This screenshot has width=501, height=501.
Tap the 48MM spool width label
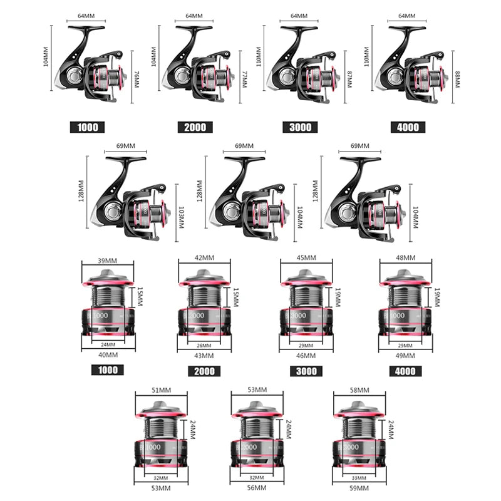406,257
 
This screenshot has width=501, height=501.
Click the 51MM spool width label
161,390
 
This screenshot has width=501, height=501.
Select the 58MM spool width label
361,390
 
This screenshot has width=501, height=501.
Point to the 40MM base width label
108,354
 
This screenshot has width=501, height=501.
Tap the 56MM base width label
257,487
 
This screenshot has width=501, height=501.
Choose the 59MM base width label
361,487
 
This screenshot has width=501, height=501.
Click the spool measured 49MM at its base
406,307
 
